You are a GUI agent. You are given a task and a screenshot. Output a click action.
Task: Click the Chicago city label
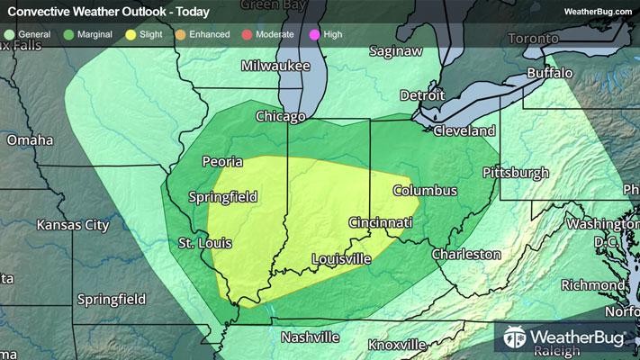click(281, 117)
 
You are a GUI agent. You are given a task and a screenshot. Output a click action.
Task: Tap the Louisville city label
click(341, 259)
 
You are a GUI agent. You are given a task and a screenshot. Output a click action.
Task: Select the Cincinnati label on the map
click(382, 222)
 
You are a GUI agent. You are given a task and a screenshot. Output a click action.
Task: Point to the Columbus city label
click(425, 191)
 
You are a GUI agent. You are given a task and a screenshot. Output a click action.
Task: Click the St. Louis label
click(204, 244)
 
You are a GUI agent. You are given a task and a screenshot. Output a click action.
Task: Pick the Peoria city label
click(222, 162)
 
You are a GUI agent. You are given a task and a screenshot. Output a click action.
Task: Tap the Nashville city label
click(310, 337)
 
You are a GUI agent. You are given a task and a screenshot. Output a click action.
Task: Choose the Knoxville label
click(397, 345)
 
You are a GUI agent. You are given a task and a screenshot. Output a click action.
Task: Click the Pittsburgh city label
click(516, 172)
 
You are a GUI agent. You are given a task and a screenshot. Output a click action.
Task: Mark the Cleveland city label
click(464, 130)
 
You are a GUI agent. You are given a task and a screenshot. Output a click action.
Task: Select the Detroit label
click(422, 94)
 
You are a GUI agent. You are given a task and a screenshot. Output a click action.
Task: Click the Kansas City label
click(73, 224)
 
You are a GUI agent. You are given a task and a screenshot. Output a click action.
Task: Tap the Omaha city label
click(30, 140)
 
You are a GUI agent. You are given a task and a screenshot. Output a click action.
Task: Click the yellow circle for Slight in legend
click(132, 35)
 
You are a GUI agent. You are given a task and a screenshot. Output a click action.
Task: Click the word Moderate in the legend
click(280, 35)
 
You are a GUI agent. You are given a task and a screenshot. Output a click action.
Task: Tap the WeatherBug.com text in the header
click(597, 12)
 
